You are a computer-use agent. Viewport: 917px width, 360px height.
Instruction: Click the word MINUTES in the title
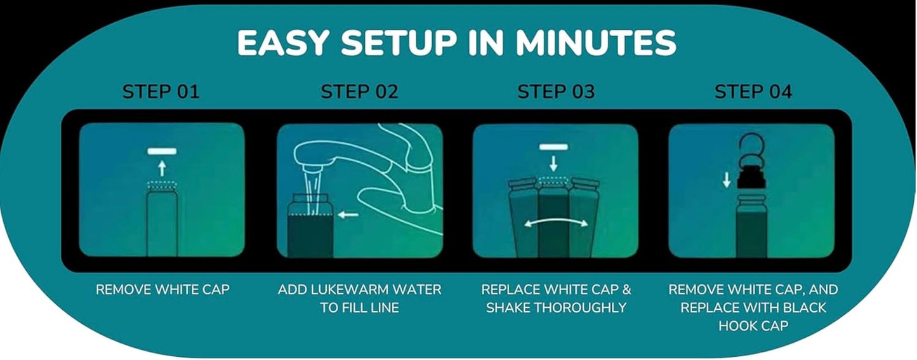[x=596, y=43]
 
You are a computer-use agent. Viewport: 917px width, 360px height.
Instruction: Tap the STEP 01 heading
[x=161, y=91]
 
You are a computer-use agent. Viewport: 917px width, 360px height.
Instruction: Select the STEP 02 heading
[x=359, y=91]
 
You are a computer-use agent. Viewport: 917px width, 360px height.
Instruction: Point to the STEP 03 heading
[x=556, y=91]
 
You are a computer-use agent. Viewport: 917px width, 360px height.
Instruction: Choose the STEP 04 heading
[x=753, y=91]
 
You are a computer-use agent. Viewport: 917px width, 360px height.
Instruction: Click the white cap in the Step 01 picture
[x=162, y=151]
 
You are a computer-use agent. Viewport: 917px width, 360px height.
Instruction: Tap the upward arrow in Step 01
[x=162, y=168]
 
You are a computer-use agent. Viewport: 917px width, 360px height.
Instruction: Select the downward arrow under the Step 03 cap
[x=553, y=163]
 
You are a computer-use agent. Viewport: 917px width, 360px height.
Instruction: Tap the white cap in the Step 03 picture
[x=553, y=147]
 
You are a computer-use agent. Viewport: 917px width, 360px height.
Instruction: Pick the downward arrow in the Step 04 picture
[x=727, y=180]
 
